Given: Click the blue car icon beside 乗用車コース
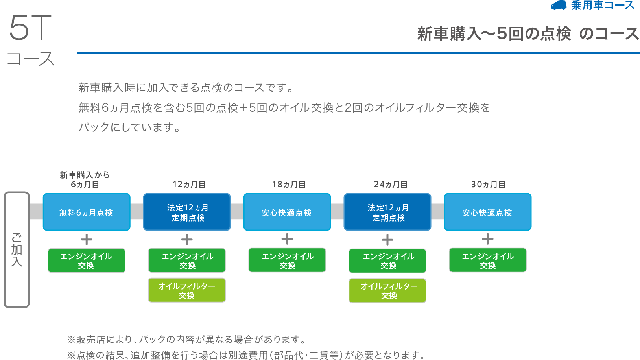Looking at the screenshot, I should [x=559, y=6].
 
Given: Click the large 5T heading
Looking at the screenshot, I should [x=30, y=28].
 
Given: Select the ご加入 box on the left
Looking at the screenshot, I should [x=17, y=249].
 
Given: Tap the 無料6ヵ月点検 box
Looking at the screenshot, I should [x=87, y=212].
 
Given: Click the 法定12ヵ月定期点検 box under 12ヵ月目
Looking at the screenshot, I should [x=187, y=212].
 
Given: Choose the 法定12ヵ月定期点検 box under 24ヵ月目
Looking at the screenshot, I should [x=387, y=212].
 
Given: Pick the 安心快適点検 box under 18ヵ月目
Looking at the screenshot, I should [x=287, y=212].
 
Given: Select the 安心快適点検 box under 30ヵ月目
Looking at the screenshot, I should [x=488, y=212].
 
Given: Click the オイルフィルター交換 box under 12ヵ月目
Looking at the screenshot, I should [x=187, y=290].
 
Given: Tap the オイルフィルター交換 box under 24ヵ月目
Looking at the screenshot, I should [x=387, y=291].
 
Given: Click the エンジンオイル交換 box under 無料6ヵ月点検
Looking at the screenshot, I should [x=87, y=260].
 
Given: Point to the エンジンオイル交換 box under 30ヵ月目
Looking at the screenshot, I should [x=488, y=260].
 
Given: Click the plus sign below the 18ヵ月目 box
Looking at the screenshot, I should [x=287, y=239].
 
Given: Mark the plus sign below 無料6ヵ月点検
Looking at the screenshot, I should [x=87, y=240].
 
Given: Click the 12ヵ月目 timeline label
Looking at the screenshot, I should [x=189, y=185].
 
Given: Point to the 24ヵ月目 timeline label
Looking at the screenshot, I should [x=391, y=185].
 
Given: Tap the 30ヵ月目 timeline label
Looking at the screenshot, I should [x=488, y=185].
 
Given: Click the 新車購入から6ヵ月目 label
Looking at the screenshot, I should [x=85, y=179].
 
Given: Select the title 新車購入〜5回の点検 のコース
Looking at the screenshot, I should [x=528, y=34].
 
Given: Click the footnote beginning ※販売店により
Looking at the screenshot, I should [x=186, y=339].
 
